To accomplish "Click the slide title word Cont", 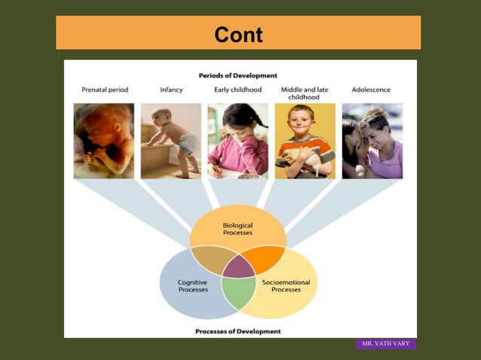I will tap(238, 35).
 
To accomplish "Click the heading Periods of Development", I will tap(237, 75).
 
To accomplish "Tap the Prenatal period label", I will tap(105, 90).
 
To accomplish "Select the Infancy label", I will tap(171, 90).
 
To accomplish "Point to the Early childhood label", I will tap(237, 90).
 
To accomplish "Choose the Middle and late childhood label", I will tap(305, 93).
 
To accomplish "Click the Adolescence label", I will tap(371, 90).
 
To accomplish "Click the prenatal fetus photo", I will tap(104, 141).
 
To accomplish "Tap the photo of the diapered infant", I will tap(171, 141).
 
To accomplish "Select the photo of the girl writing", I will tap(237, 141).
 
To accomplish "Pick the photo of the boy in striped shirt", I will tap(305, 141).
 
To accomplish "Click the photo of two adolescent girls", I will tap(372, 141).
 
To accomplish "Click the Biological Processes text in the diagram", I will tap(237, 229).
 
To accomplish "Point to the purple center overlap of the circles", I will tap(238, 267).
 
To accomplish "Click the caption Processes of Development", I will tap(237, 331).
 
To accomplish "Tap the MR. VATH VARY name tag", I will tap(385, 343).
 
